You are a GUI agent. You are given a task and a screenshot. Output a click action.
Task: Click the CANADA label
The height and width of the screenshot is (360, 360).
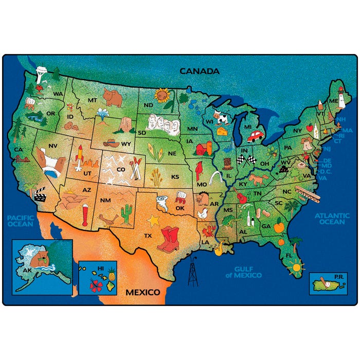click(x=199, y=71)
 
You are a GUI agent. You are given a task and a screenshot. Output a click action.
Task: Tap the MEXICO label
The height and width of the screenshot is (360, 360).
click(x=143, y=292)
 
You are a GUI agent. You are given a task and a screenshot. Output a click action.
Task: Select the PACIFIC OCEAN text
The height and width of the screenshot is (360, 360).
click(x=21, y=221)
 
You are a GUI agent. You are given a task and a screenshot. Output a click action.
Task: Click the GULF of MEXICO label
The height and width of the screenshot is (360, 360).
click(x=247, y=272)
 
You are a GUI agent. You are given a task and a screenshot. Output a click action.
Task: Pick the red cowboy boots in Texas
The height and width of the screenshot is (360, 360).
click(x=168, y=240)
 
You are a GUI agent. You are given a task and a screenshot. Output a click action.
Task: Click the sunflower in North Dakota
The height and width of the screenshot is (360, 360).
click(x=163, y=95)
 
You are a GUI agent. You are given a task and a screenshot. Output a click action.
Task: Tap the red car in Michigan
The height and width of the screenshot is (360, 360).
click(x=255, y=136)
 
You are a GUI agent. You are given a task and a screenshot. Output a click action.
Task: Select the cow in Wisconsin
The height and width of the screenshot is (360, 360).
click(x=221, y=118)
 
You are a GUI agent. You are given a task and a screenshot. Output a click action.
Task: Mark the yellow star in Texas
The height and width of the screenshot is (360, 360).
click(x=153, y=221)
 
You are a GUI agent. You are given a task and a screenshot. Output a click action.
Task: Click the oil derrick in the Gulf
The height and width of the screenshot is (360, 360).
click(x=193, y=271)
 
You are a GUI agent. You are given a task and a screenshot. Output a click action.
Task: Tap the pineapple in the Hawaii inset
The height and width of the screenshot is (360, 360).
click(x=111, y=273)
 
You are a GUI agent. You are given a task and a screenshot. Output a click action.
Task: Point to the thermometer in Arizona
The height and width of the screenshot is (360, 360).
click(x=85, y=215)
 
